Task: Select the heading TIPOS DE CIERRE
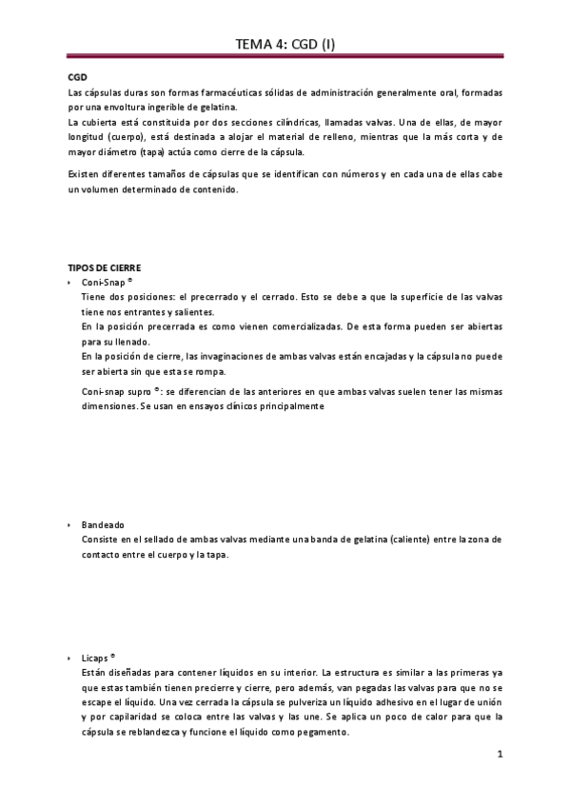click(108, 268)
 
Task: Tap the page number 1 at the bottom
click(499, 755)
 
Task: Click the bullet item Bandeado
click(103, 524)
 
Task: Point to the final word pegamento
click(318, 733)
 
